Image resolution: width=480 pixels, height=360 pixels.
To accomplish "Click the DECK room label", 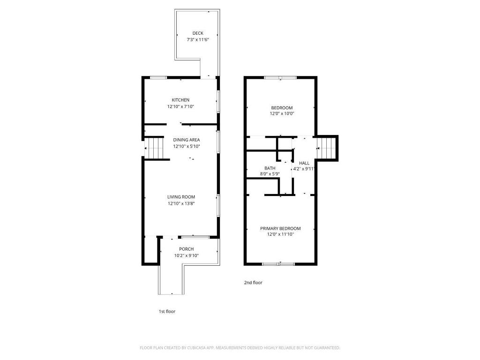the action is tap(198, 33).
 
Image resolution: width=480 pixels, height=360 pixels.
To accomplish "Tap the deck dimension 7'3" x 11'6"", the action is tap(198, 40).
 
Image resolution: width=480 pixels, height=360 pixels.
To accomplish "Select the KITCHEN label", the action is tap(180, 100).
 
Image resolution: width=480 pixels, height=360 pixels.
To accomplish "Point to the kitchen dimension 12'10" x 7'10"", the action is tap(180, 106).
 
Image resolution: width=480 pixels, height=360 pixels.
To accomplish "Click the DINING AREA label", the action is tap(187, 140).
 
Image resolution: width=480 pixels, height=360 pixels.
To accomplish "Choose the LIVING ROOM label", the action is tap(181, 197).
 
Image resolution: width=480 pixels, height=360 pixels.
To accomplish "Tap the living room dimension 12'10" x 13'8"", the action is tap(181, 203).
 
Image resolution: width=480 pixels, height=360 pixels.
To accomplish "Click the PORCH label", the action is tap(187, 249).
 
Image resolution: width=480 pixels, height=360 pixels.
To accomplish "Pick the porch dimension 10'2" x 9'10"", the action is tap(187, 255).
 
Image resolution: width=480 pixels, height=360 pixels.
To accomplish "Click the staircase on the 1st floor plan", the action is tap(155, 148).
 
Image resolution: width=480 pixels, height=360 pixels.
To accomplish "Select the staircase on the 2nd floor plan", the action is tap(327, 148).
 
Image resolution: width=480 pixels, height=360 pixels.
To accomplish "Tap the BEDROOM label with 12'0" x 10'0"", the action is tap(282, 108).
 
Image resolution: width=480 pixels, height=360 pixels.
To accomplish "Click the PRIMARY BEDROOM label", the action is tap(280, 228).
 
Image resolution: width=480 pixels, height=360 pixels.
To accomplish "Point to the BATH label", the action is tap(270, 168).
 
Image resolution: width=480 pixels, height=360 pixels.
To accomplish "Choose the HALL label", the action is tap(304, 163).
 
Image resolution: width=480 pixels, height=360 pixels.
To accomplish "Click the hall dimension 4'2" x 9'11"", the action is tap(304, 169).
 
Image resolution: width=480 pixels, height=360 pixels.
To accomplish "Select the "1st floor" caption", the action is tap(167, 311).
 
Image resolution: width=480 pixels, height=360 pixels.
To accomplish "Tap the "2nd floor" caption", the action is tap(253, 283).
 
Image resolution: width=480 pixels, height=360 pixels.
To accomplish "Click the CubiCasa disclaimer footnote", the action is tap(240, 348).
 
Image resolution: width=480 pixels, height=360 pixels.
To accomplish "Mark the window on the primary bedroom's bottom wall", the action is tap(278, 263).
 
